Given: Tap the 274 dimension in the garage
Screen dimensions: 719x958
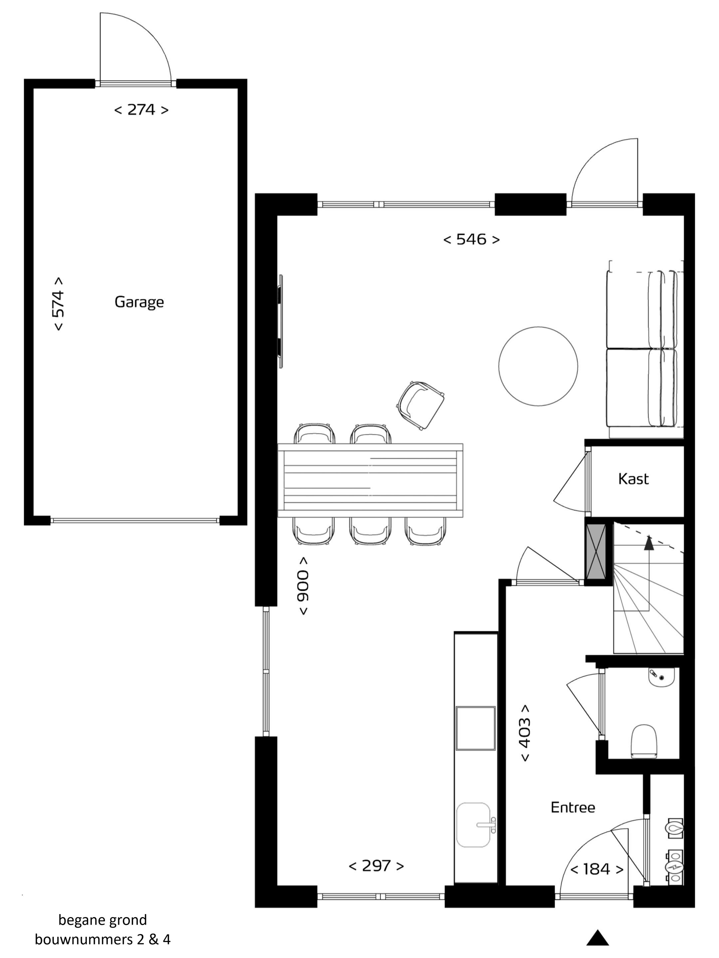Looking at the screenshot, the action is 141,109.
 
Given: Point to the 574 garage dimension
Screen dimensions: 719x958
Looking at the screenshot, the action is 59,304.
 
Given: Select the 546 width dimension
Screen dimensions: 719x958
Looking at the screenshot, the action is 471,239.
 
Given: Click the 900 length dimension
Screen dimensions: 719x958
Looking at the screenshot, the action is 303,585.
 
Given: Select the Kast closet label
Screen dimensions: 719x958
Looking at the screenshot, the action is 633,479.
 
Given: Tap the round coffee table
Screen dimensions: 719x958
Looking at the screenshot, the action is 538,366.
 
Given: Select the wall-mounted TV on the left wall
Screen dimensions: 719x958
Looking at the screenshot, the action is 280,321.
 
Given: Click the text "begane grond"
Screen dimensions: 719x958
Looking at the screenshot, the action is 103,919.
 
